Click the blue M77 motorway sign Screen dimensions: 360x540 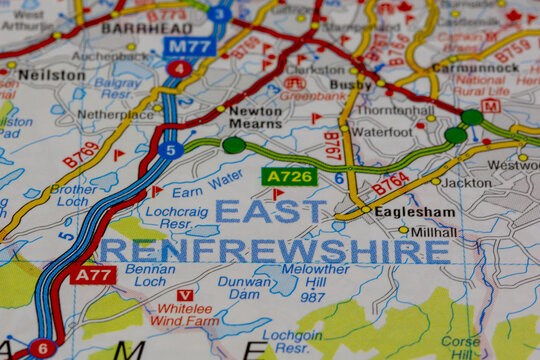pyautogui.click(x=190, y=46)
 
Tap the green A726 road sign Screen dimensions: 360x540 pyautogui.click(x=289, y=177)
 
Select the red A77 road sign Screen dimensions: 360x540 pyautogui.click(x=92, y=274)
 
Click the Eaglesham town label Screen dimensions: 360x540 pyautogui.click(x=414, y=212)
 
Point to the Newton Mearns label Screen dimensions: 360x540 pyautogui.click(x=255, y=118)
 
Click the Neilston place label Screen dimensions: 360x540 pyautogui.click(x=52, y=75)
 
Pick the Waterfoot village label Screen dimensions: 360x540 pyautogui.click(x=381, y=131)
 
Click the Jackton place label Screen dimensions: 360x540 pyautogui.click(x=466, y=183)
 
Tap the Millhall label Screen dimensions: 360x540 pyautogui.click(x=433, y=231)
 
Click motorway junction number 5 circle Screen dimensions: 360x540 pyautogui.click(x=171, y=150)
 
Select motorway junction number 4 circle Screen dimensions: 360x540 pyautogui.click(x=179, y=69)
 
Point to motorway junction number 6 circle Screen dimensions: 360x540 pyautogui.click(x=42, y=348)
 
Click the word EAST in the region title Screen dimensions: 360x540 pyautogui.click(x=270, y=211)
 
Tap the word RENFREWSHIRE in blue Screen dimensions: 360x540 pyautogui.click(x=274, y=250)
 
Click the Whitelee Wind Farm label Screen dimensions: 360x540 pyautogui.click(x=183, y=316)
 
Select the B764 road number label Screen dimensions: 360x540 pyautogui.click(x=391, y=183)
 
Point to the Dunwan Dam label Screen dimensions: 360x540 pyautogui.click(x=245, y=288)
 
